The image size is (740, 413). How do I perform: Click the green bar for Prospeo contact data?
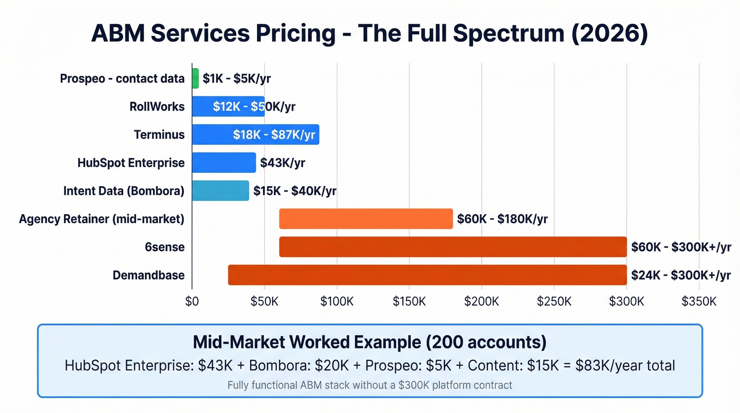[196, 78]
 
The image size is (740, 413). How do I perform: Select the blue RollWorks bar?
[228, 106]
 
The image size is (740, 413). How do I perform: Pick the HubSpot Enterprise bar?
[224, 162]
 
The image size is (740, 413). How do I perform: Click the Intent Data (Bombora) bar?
[220, 190]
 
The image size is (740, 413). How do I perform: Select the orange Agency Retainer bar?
[366, 218]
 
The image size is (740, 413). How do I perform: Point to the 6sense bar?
[452, 246]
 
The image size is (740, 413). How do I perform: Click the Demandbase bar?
[427, 274]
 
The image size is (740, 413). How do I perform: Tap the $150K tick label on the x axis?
[409, 301]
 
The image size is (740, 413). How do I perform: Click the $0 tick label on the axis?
[192, 301]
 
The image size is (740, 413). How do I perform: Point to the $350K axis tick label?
[699, 301]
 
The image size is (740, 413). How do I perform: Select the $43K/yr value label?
[282, 163]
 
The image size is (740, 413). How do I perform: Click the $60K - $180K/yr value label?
[502, 219]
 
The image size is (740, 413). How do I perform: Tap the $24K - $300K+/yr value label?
[681, 275]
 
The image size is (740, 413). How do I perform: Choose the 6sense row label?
[165, 247]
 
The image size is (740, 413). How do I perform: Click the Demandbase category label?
[149, 275]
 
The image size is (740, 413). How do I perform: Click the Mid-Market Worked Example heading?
[369, 342]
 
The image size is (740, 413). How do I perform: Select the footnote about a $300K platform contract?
[369, 385]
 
